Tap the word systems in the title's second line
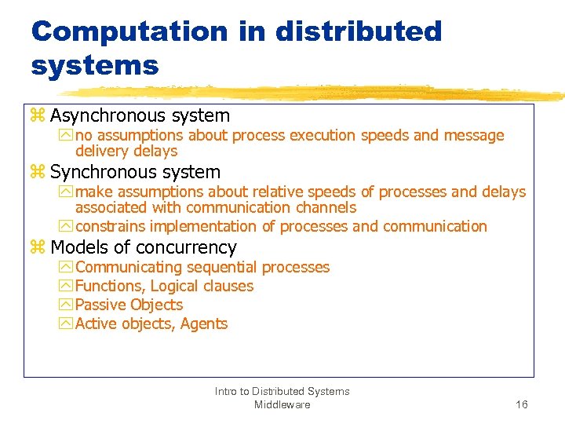tap(95, 65)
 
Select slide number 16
tap(521, 404)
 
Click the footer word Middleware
tap(282, 404)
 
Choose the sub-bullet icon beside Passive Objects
tap(65, 305)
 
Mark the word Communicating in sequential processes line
tap(126, 267)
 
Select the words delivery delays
tap(126, 151)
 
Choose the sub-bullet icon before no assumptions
tap(65, 136)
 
